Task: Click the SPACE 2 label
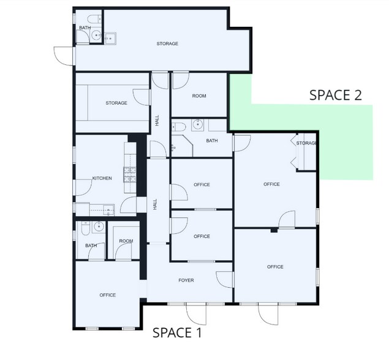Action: [x=336, y=95]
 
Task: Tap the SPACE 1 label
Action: [x=177, y=332]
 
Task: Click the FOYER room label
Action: [x=186, y=280]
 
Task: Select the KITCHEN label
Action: [x=102, y=178]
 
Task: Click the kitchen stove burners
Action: [x=130, y=175]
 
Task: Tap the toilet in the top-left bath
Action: [x=94, y=19]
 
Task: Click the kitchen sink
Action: [x=108, y=210]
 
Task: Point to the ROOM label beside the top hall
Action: [x=199, y=96]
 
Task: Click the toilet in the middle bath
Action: [x=179, y=127]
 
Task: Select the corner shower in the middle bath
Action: [x=182, y=146]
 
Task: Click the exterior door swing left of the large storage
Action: [x=64, y=56]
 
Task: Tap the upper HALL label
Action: [x=157, y=120]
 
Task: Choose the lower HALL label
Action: [x=155, y=204]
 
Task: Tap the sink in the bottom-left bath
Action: [x=99, y=227]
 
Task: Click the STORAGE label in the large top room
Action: [x=167, y=43]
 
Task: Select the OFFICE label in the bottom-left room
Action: [x=107, y=295]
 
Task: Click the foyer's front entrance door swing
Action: [x=196, y=314]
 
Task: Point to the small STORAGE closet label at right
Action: [x=306, y=143]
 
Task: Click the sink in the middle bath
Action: [x=198, y=125]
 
